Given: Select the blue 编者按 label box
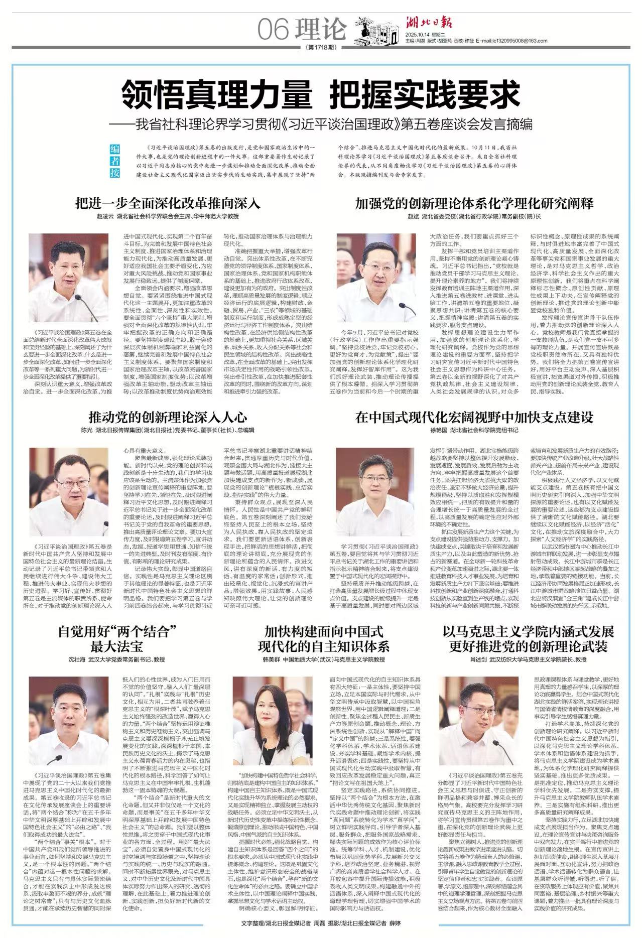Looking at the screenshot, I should click(115, 161).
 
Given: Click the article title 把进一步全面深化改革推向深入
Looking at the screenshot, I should click(168, 203).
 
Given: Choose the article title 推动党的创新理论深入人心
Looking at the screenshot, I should click(168, 416).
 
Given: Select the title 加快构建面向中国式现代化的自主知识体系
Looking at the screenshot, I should click(324, 637).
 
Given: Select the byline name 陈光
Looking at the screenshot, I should click(86, 430).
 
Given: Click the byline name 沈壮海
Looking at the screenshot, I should click(77, 658).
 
